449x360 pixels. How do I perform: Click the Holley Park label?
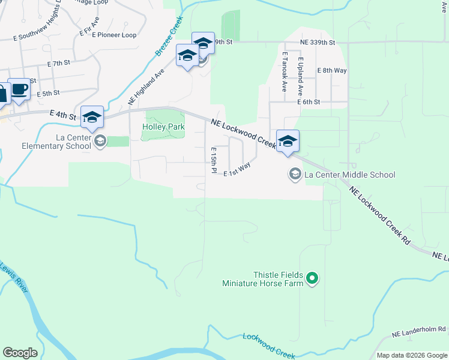163,127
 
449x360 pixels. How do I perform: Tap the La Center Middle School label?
350,175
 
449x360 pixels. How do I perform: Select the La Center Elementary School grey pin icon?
100,141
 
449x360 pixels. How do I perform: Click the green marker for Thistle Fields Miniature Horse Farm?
312,278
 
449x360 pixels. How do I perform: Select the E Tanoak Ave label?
285,71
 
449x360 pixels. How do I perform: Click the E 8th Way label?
332,70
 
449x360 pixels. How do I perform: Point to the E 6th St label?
309,102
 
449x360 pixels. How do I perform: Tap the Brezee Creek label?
169,37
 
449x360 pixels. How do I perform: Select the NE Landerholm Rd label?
419,330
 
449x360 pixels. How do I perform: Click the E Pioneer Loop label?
114,35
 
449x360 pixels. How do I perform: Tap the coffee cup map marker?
19,89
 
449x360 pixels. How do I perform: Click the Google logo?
20,353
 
